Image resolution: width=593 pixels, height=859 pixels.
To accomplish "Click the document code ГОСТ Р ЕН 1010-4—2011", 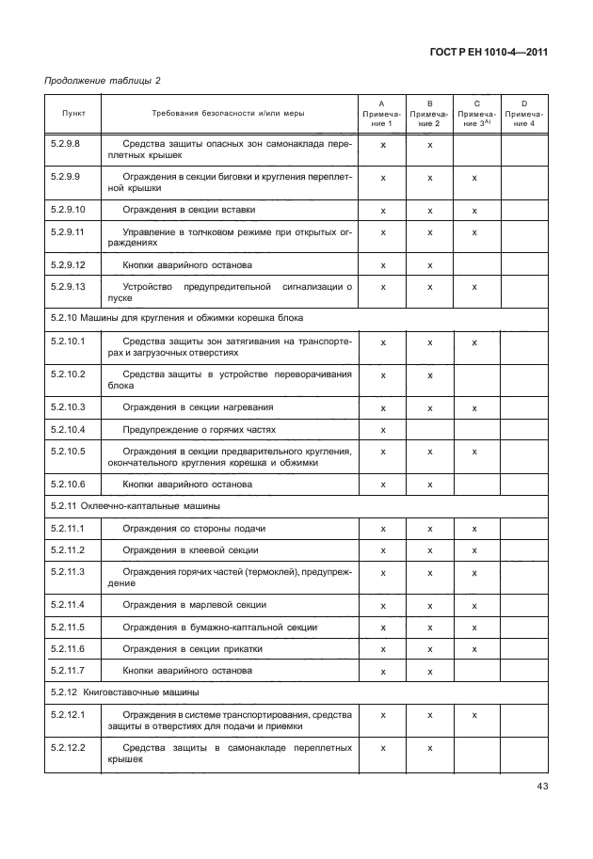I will click(x=493, y=52).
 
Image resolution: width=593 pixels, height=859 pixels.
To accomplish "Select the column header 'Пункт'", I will click(x=73, y=112).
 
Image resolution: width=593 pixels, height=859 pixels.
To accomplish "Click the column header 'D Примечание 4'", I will click(x=523, y=112).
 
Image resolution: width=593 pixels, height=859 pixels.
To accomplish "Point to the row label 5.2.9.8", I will click(x=66, y=144).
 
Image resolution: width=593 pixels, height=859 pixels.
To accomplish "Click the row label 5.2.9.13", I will click(x=68, y=285).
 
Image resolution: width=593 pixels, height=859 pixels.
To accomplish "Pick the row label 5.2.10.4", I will click(x=68, y=429).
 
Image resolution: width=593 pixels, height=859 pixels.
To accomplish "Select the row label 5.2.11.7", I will click(x=67, y=670).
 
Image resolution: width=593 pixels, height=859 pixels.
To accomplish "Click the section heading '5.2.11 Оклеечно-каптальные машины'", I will click(x=114, y=505).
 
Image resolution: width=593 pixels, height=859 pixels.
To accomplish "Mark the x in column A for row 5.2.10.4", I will click(x=383, y=430).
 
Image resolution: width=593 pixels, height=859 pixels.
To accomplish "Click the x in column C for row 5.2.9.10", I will click(x=475, y=211).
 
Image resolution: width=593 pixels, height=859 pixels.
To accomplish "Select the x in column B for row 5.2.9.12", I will click(x=429, y=265).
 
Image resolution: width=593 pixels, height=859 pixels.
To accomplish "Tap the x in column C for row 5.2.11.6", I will click(x=475, y=649).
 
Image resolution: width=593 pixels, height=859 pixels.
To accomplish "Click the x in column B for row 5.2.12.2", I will click(x=429, y=748).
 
